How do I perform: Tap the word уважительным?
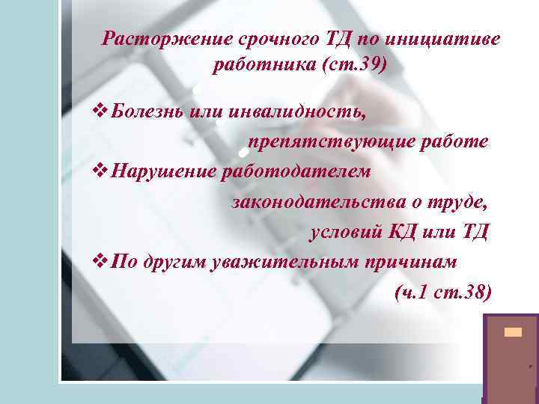click(x=281, y=262)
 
